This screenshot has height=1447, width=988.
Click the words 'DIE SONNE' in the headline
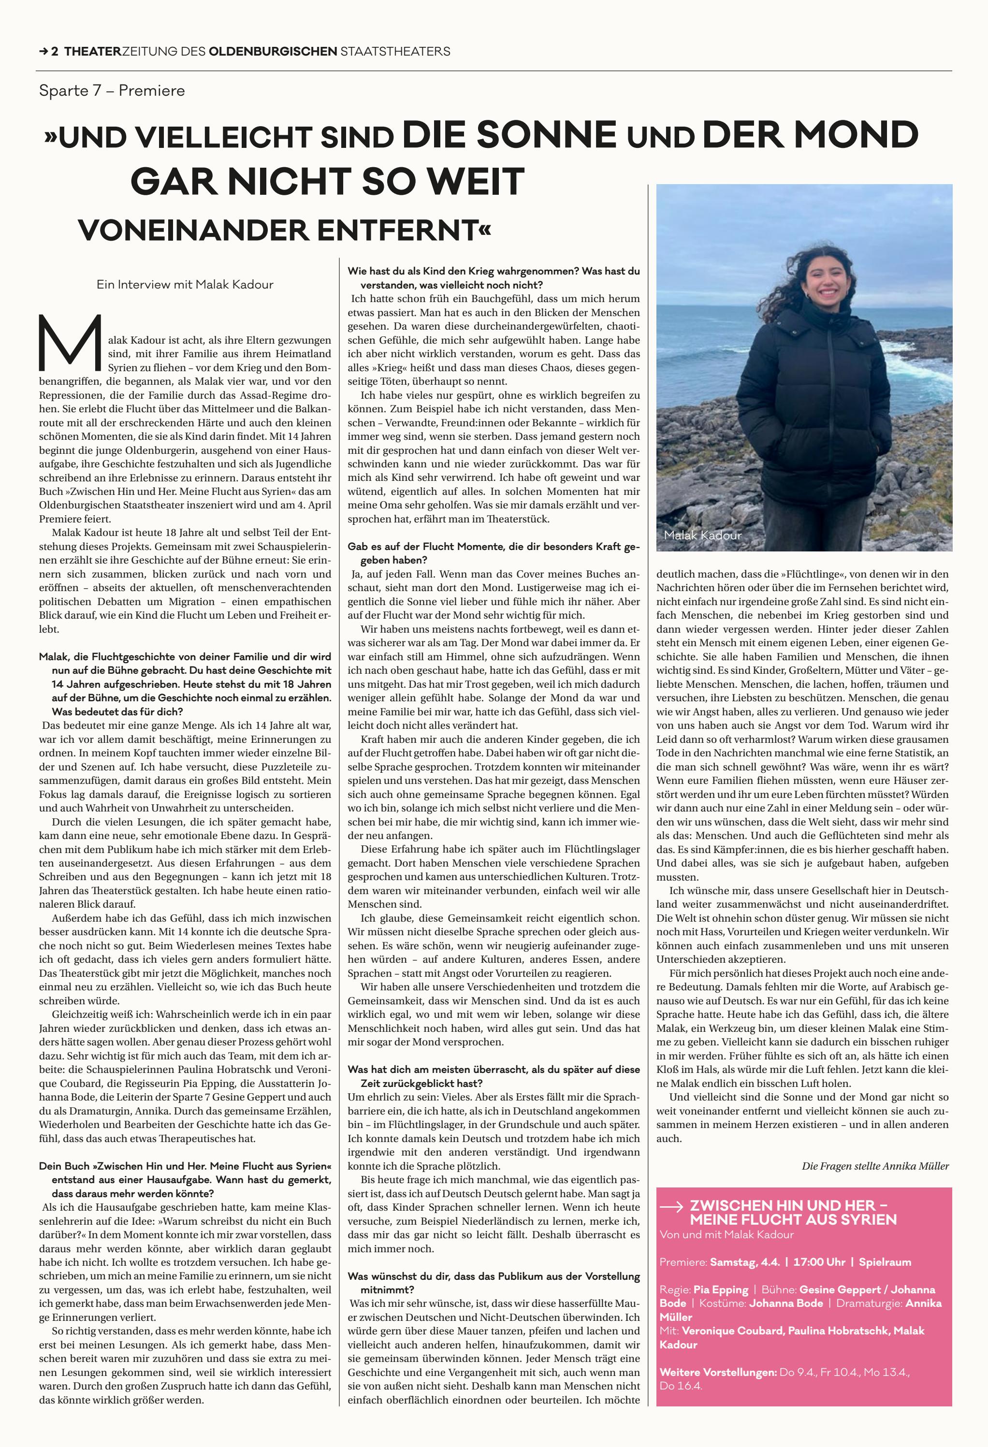tap(509, 134)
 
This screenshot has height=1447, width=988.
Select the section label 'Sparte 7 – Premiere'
tap(112, 91)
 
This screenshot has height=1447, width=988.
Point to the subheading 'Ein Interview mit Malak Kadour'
tap(185, 285)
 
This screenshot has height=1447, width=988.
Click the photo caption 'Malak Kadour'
tap(702, 535)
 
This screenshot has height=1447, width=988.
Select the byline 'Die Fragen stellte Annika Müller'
tap(875, 1166)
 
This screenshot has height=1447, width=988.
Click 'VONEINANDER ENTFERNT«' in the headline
tap(285, 231)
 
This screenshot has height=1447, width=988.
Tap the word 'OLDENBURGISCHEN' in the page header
tap(273, 52)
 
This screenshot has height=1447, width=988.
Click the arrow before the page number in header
tap(44, 52)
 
